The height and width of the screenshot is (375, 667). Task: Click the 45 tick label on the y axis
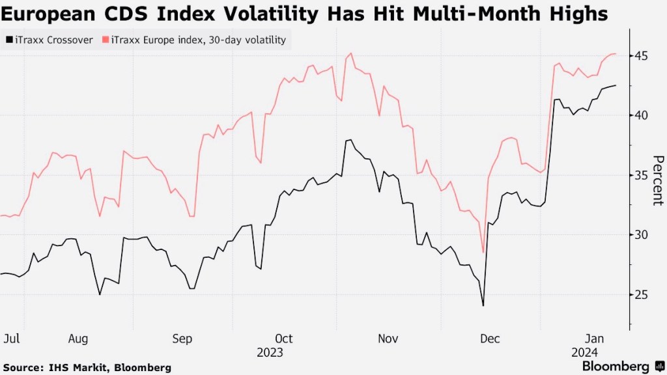coord(642,56)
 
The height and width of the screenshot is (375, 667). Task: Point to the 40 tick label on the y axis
coord(642,115)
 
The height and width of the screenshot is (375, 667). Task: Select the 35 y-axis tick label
coord(642,175)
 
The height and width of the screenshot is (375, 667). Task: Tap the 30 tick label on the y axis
coord(642,235)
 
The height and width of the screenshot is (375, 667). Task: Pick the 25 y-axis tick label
coord(642,294)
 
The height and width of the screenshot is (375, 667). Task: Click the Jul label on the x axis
coord(10,339)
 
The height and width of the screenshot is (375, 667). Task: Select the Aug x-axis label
coord(78,339)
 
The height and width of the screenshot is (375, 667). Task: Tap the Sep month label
coord(182,339)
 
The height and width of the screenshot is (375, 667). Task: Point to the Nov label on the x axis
coord(388,339)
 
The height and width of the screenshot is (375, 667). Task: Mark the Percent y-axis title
coord(658,180)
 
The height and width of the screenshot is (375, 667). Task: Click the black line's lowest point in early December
coord(483,305)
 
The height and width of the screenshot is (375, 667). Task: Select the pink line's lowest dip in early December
coord(483,252)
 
